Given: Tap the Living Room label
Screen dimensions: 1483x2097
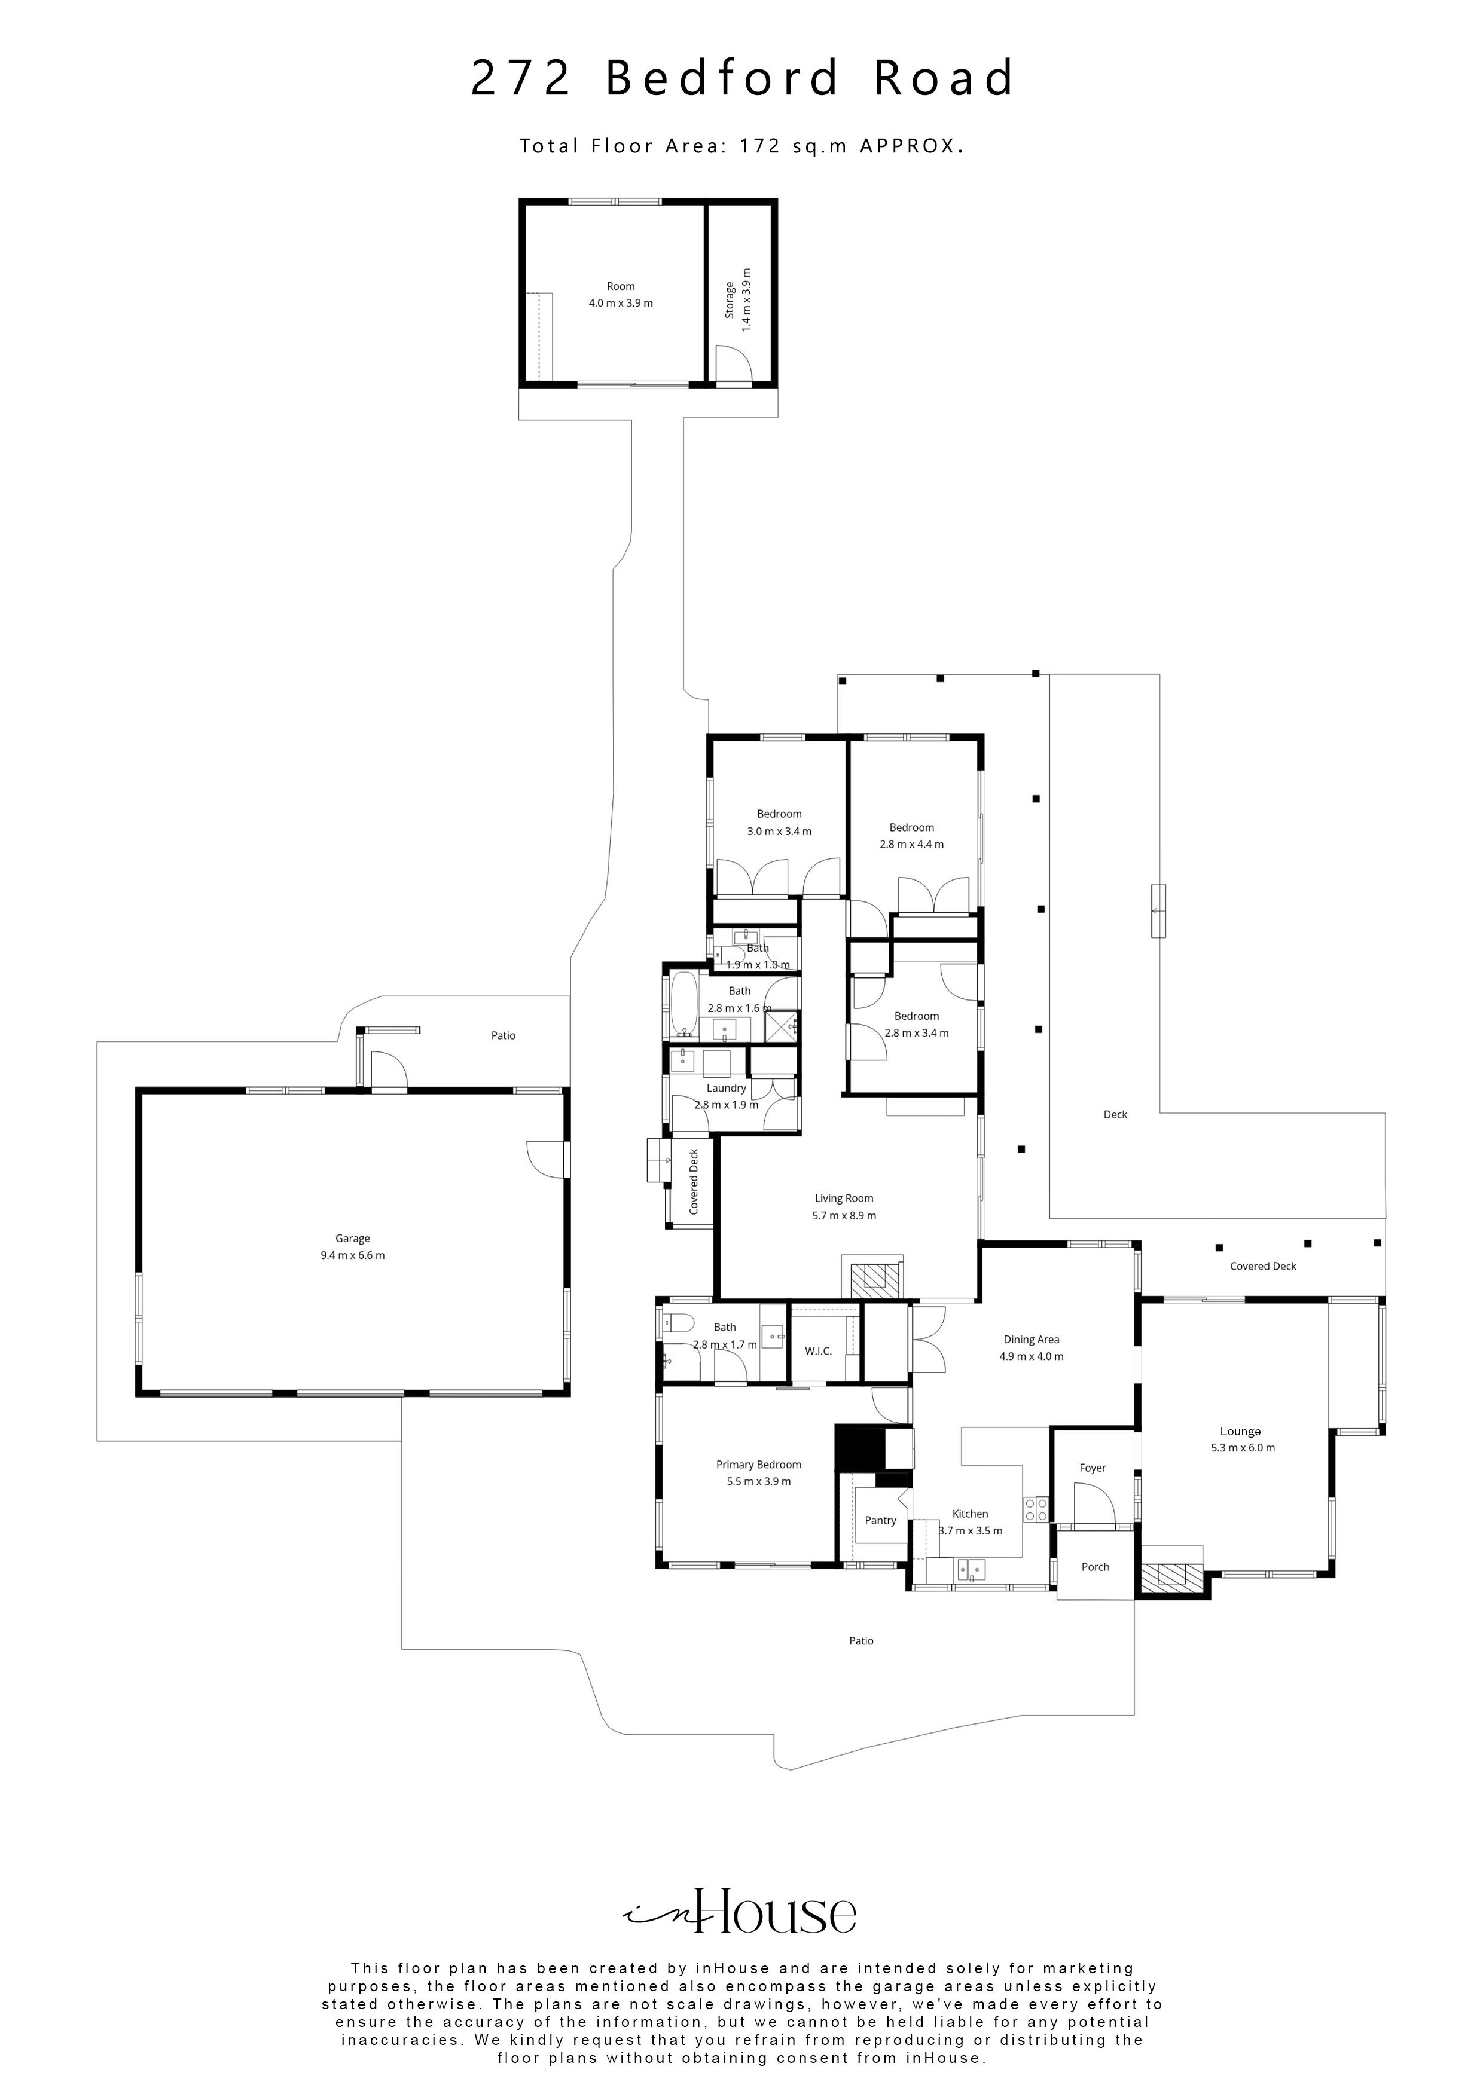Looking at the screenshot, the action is pyautogui.click(x=843, y=1199).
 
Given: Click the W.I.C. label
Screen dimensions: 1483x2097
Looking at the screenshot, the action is pyautogui.click(x=818, y=1351).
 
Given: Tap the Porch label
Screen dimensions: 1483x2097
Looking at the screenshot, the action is pyautogui.click(x=1095, y=1566).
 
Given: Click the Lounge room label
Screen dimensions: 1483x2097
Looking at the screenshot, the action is pyautogui.click(x=1240, y=1431).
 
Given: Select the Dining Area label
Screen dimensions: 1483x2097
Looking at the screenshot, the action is pyautogui.click(x=1031, y=1340).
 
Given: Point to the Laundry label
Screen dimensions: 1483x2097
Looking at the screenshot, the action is pyautogui.click(x=727, y=1088).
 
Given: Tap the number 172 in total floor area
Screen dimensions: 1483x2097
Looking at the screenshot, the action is pyautogui.click(x=760, y=145).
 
